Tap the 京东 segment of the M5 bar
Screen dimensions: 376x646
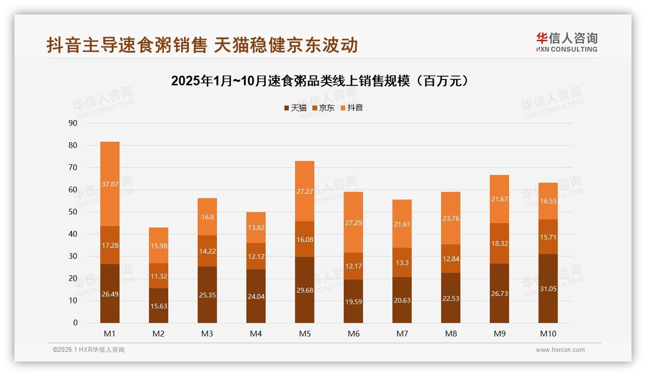point(305,239)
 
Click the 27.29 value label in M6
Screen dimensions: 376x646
point(353,223)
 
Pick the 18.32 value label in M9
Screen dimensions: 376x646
point(499,244)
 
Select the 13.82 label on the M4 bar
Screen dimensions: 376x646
point(256,228)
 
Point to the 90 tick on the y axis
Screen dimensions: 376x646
point(73,123)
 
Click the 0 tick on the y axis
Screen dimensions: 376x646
point(75,323)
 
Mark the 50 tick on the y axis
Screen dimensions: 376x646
point(73,212)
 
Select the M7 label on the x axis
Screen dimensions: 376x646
point(402,334)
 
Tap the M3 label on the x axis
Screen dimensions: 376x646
point(207,334)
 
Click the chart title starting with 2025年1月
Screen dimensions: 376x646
point(320,81)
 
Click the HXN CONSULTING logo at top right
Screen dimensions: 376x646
point(566,42)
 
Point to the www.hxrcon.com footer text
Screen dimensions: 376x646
point(560,350)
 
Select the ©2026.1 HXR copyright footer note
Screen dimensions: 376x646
point(88,350)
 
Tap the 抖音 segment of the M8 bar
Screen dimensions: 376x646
point(451,218)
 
